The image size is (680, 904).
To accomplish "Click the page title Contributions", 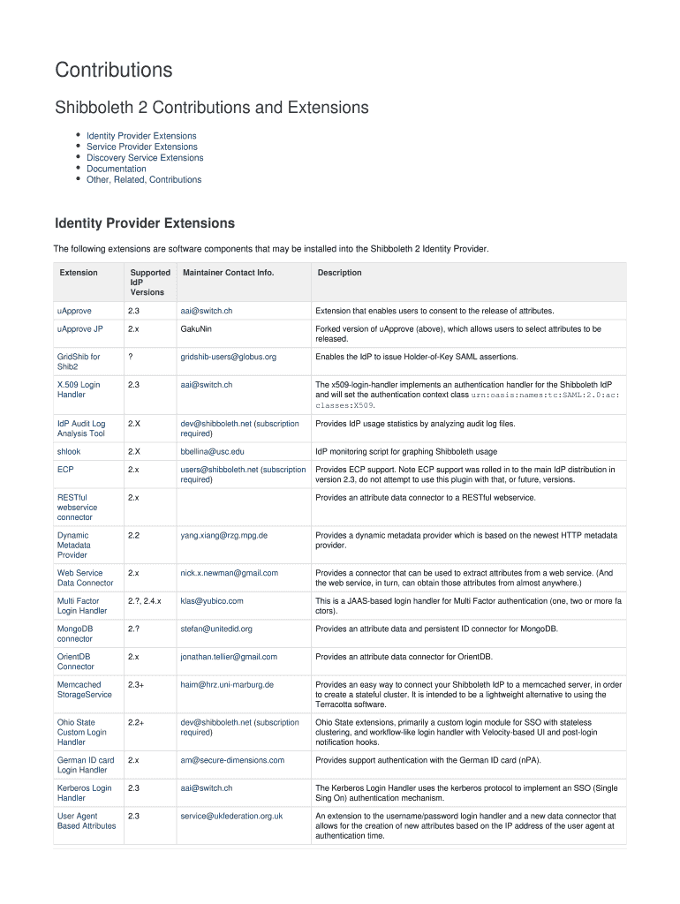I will (x=114, y=70).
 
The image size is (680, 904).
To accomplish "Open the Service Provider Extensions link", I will (x=141, y=147).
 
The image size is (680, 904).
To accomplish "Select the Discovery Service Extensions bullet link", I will (x=145, y=158).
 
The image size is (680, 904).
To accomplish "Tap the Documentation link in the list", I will (x=116, y=169).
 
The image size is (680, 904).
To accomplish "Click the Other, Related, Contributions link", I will (x=144, y=179).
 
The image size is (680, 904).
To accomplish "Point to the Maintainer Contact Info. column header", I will (x=228, y=273).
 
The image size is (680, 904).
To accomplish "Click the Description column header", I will (x=339, y=273).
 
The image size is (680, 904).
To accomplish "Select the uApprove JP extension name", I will (x=80, y=328).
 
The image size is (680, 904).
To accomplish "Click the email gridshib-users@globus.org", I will (x=229, y=357).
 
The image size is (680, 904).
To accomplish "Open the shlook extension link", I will (x=69, y=451).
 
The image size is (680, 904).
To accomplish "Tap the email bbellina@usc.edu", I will (x=212, y=451).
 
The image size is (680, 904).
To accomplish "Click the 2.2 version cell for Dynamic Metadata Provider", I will (x=133, y=535).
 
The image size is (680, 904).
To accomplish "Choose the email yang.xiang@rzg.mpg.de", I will (x=224, y=535).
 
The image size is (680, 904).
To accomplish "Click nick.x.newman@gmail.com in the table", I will (x=230, y=573).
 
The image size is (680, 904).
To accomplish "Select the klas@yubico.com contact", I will (x=212, y=600).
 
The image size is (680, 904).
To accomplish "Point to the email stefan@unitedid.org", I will (x=216, y=629).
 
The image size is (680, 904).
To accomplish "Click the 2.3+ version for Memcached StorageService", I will (x=136, y=684).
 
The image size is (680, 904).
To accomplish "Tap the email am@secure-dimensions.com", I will (x=232, y=760).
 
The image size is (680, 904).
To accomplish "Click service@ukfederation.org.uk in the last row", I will (x=231, y=816).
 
